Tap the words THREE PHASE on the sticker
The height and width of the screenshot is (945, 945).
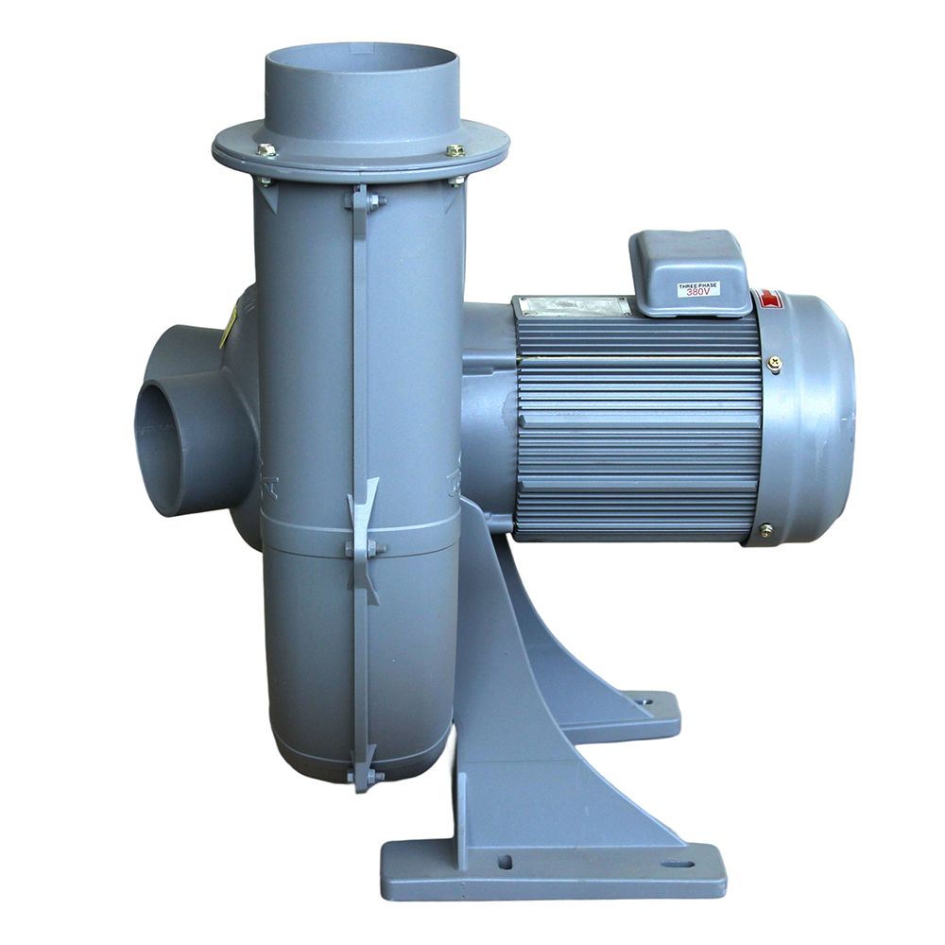point(697,283)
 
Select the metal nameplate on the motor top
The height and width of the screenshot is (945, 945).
point(572,306)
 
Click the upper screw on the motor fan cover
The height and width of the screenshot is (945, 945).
point(774,362)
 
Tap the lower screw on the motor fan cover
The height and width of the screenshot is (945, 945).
point(765,530)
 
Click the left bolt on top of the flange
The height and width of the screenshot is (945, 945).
point(266,149)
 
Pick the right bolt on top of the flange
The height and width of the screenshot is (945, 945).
point(456,150)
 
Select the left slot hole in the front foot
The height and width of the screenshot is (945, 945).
point(505,862)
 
